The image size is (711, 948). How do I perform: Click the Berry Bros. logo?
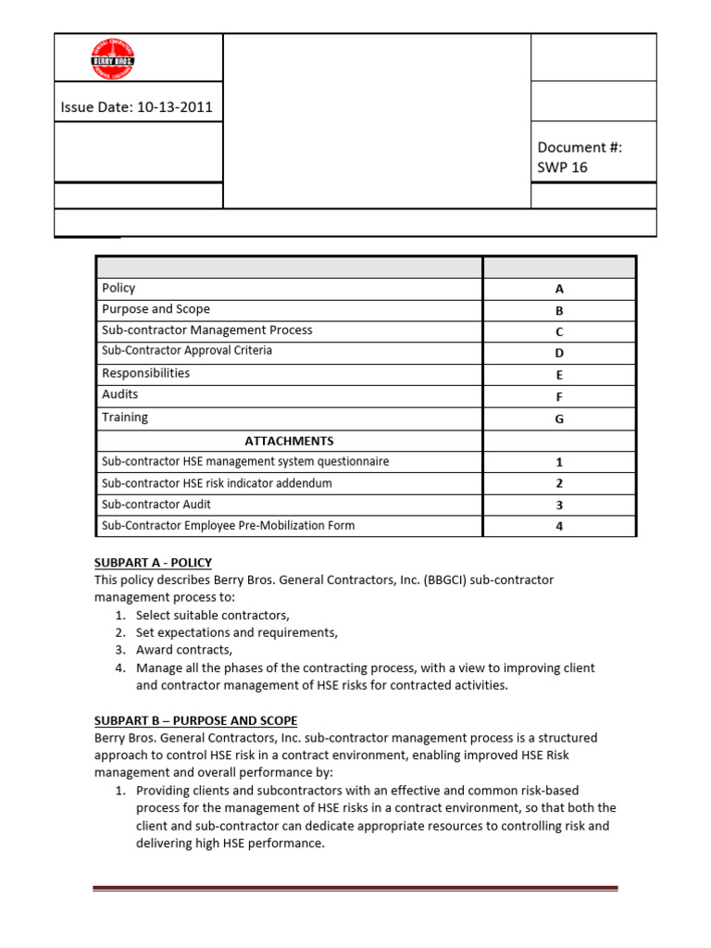[113, 59]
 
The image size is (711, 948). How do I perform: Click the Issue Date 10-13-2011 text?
[136, 106]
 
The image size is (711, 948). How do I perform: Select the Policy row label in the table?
[118, 288]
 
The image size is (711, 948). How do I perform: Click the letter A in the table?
[559, 289]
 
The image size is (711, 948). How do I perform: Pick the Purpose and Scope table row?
[156, 309]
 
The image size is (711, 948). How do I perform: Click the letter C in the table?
[559, 331]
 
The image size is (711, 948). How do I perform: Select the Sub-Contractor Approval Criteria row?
[187, 351]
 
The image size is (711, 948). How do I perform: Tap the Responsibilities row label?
[145, 373]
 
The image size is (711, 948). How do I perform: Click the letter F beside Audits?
[559, 397]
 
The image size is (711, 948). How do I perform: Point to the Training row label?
[125, 418]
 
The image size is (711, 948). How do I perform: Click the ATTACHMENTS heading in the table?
[289, 441]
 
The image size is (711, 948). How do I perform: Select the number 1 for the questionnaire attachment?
[559, 462]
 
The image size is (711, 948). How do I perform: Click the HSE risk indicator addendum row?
[217, 483]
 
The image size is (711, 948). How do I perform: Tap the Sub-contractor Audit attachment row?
[156, 505]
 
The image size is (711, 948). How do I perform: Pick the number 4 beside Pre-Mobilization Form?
[559, 527]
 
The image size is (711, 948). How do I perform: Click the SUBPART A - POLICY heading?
[153, 563]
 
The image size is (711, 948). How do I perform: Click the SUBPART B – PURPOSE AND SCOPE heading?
[195, 720]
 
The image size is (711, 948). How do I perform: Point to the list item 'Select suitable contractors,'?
[213, 615]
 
